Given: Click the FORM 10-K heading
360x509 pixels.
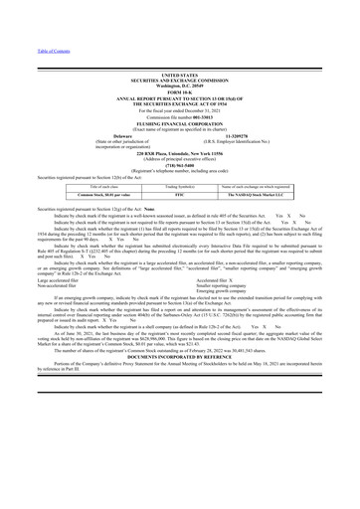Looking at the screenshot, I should pyautogui.click(x=179, y=87).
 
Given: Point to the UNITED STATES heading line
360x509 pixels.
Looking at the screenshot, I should pyautogui.click(x=179, y=73).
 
